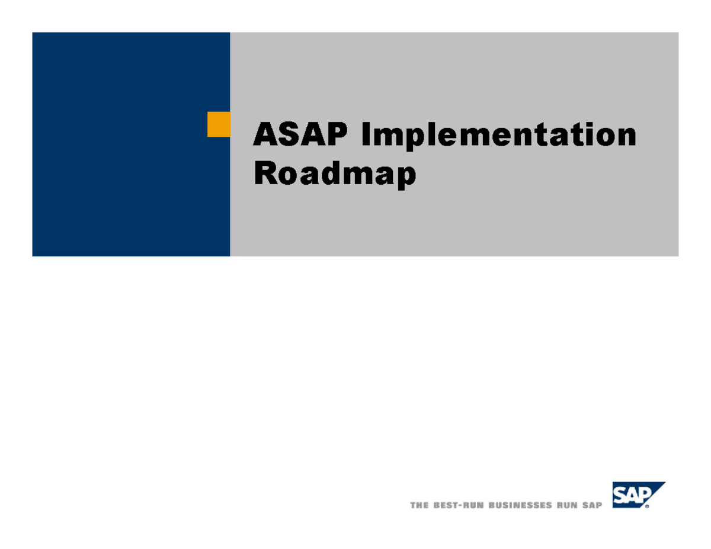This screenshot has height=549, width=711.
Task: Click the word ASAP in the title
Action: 299,135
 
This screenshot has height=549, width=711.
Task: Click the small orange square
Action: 219,124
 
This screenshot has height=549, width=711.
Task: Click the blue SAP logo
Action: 636,496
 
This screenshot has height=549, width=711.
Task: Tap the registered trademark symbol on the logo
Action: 647,507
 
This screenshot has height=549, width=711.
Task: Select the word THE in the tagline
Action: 419,505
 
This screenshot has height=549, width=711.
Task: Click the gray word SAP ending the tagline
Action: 591,505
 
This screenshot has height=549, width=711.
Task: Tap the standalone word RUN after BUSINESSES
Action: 566,505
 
